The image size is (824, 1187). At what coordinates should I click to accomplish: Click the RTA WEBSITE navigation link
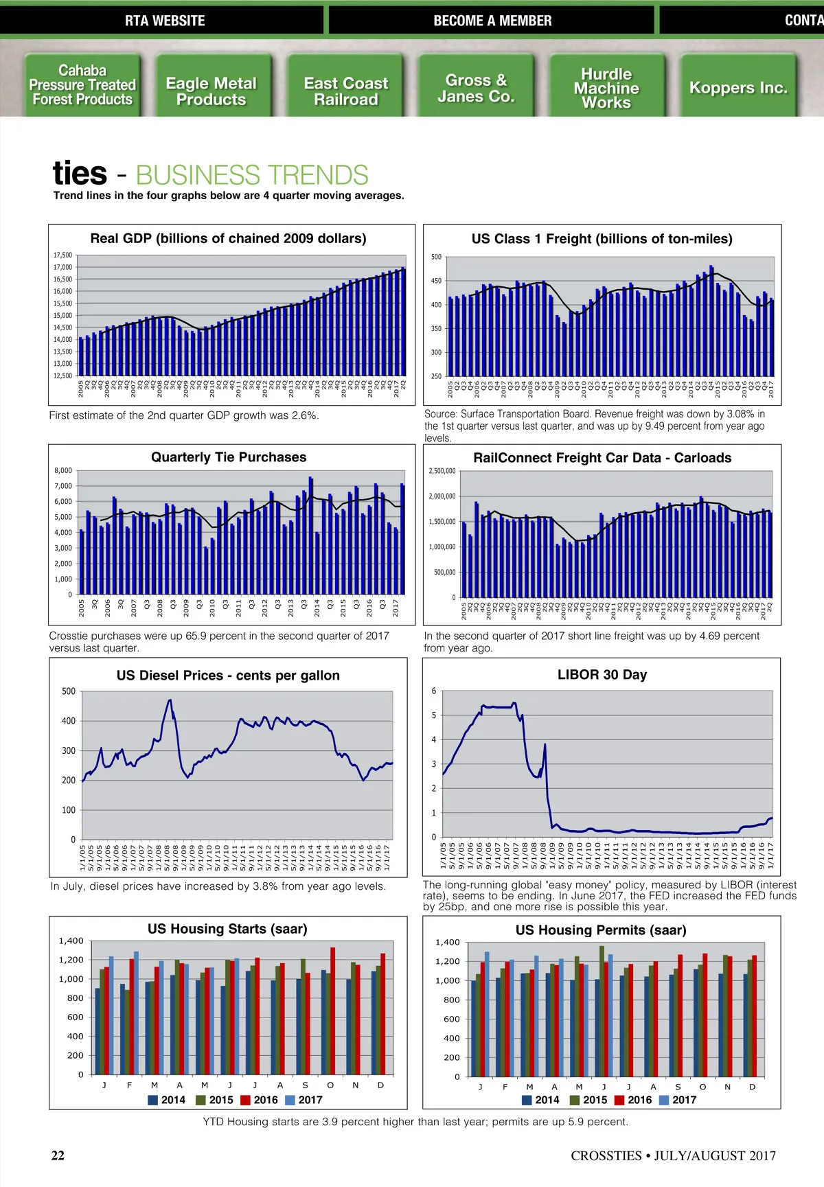click(165, 21)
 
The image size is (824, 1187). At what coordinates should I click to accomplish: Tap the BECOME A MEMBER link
click(492, 21)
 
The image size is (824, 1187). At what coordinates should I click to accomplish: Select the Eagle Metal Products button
click(211, 91)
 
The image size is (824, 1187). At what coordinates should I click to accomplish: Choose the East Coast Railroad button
click(346, 91)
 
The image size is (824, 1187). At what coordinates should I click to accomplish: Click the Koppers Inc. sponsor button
click(738, 88)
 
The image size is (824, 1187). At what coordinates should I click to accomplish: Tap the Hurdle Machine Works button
click(606, 88)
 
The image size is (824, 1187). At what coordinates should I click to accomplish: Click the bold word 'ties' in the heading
click(80, 173)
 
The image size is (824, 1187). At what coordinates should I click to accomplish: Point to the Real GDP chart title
click(228, 238)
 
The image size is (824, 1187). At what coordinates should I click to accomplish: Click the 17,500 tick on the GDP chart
click(62, 255)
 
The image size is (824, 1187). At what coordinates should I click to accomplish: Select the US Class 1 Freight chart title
click(602, 239)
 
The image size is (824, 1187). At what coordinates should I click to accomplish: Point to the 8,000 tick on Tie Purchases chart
click(63, 470)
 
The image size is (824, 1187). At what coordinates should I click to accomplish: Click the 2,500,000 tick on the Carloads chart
click(442, 471)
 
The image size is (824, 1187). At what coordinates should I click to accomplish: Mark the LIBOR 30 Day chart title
click(602, 675)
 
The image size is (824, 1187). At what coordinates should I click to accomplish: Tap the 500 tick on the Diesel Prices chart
click(69, 691)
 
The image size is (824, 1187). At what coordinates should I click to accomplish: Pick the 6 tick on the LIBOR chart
click(433, 691)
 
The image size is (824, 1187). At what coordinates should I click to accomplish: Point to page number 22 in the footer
click(58, 1155)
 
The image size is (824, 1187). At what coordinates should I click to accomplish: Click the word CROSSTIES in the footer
click(606, 1155)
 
